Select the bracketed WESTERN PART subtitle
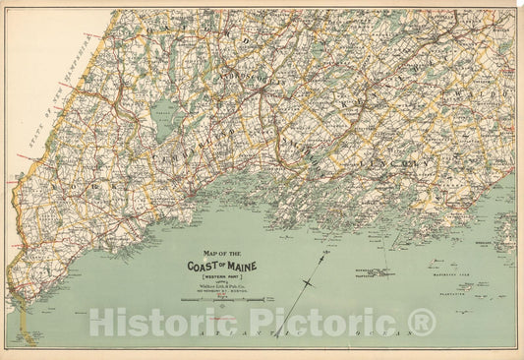215,277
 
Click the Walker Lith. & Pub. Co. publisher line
215,287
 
